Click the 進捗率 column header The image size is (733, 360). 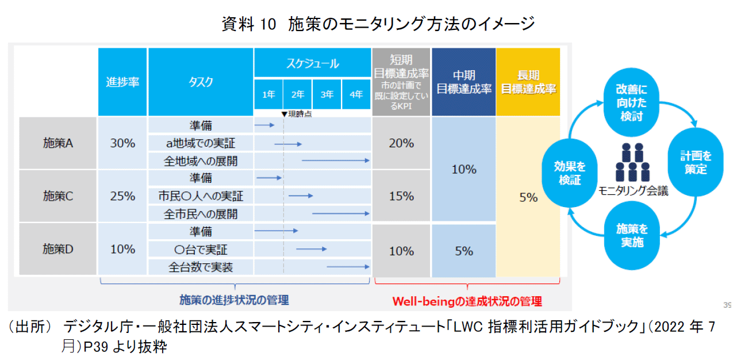click(x=122, y=82)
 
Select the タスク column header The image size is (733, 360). click(x=200, y=82)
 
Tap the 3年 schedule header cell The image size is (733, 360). click(x=327, y=94)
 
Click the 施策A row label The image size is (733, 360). click(x=58, y=143)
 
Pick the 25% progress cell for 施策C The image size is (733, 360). click(x=122, y=196)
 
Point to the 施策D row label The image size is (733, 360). click(x=58, y=249)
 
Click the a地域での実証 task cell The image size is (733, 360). click(x=201, y=143)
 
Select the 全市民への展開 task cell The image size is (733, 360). click(x=201, y=214)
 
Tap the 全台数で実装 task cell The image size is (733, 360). click(x=201, y=267)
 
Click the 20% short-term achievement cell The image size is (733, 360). click(x=401, y=143)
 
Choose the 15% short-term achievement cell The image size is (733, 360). click(x=401, y=196)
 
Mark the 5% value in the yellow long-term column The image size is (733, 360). click(x=528, y=197)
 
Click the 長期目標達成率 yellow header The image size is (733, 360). click(x=528, y=82)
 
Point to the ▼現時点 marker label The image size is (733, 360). click(x=297, y=114)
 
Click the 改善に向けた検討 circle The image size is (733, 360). click(x=631, y=102)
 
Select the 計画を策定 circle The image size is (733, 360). click(x=696, y=163)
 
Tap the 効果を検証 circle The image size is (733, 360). click(x=569, y=173)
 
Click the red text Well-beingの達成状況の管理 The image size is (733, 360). click(x=467, y=301)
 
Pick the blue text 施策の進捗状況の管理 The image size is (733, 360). click(x=234, y=300)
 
